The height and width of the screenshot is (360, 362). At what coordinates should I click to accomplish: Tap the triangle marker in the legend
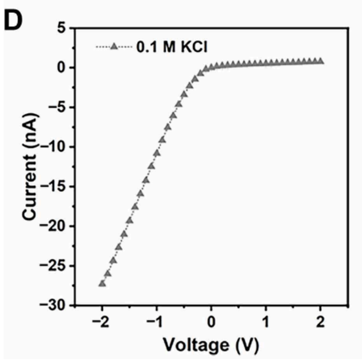click(114, 47)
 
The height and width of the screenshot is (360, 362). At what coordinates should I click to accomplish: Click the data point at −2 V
click(102, 283)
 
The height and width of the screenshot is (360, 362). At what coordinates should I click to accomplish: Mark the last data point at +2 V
click(320, 61)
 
